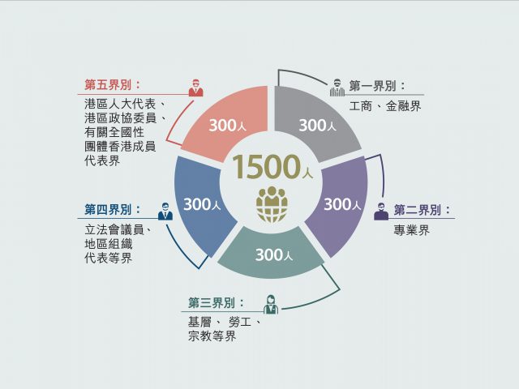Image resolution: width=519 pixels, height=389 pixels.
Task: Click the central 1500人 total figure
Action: [x=272, y=167]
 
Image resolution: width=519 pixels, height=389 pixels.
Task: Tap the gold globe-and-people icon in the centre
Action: [x=272, y=204]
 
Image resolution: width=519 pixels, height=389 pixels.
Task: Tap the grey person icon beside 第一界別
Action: [x=337, y=88]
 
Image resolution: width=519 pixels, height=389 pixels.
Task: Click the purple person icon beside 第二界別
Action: [x=381, y=212]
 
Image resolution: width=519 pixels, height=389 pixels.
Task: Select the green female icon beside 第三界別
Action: [x=271, y=305]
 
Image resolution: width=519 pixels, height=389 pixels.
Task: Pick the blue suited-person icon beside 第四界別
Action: [x=165, y=212]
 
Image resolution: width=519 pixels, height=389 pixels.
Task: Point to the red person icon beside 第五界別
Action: [x=196, y=88]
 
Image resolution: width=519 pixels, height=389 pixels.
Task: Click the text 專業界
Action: [x=412, y=230]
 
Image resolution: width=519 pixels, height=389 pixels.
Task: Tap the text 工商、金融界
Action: [x=385, y=106]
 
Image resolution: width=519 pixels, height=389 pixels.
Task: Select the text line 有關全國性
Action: [x=114, y=132]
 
